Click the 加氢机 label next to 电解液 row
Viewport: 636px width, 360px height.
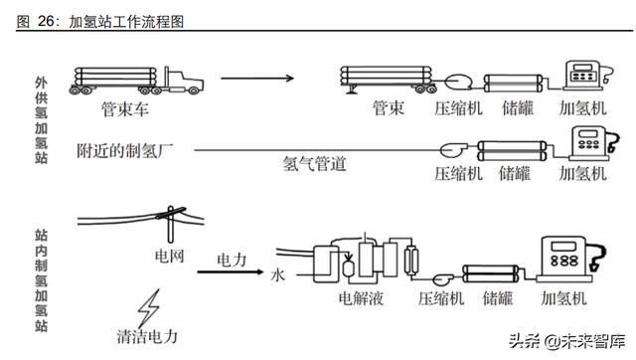pos(563,296)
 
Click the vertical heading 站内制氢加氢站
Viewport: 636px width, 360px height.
pos(41,281)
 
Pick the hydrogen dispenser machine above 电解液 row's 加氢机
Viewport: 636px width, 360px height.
pos(563,260)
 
